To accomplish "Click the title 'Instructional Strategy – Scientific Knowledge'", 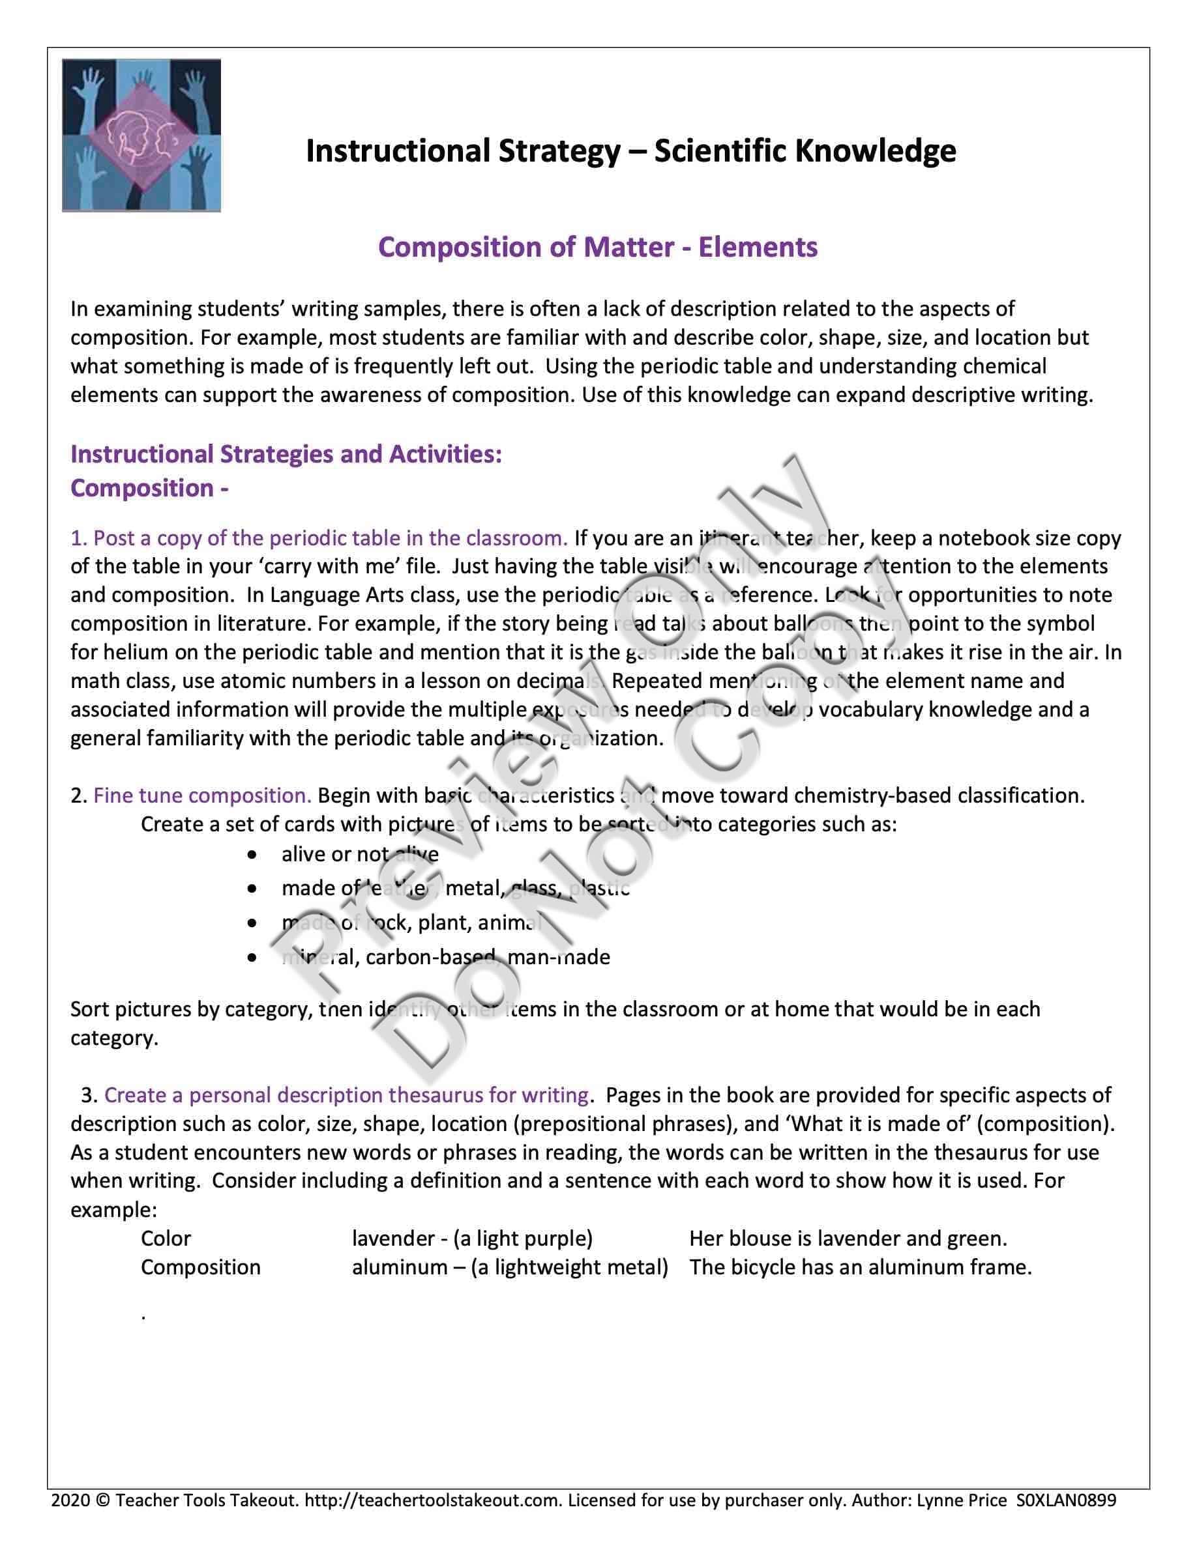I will pos(630,151).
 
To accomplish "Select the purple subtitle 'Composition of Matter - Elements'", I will pos(598,247).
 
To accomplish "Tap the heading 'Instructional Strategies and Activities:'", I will pos(286,453).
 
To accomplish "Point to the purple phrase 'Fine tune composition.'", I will pos(202,795).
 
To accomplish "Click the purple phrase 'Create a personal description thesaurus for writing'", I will pos(346,1095).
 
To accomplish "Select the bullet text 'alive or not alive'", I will pos(359,854).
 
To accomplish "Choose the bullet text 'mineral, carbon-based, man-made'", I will pos(445,958).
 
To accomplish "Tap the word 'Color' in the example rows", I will pos(166,1239).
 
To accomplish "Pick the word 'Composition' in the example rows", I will pos(201,1267).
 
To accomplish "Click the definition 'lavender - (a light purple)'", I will pos(472,1239).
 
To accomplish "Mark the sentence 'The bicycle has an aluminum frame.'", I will pos(860,1267).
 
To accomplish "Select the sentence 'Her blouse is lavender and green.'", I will pos(848,1239).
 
